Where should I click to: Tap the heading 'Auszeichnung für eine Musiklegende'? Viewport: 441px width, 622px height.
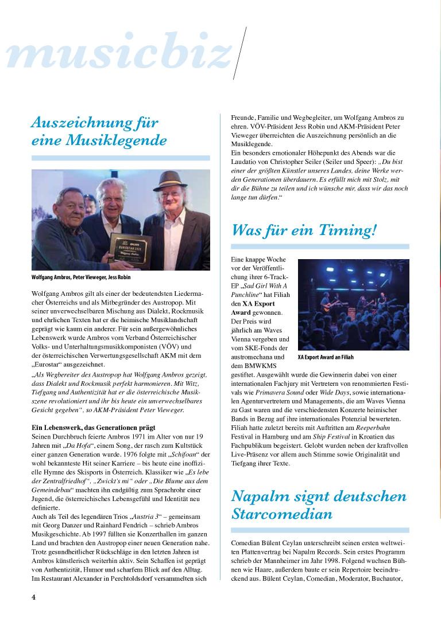point(99,131)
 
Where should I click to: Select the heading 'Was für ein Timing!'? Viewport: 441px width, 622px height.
point(304,230)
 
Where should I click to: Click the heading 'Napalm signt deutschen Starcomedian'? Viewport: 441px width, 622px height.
point(318,504)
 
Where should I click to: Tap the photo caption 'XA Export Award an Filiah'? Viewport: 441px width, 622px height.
point(326,357)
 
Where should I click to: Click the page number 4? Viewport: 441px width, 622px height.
point(34,597)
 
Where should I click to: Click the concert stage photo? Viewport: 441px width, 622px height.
point(353,304)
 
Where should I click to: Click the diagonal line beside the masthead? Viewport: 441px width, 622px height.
point(240,53)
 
